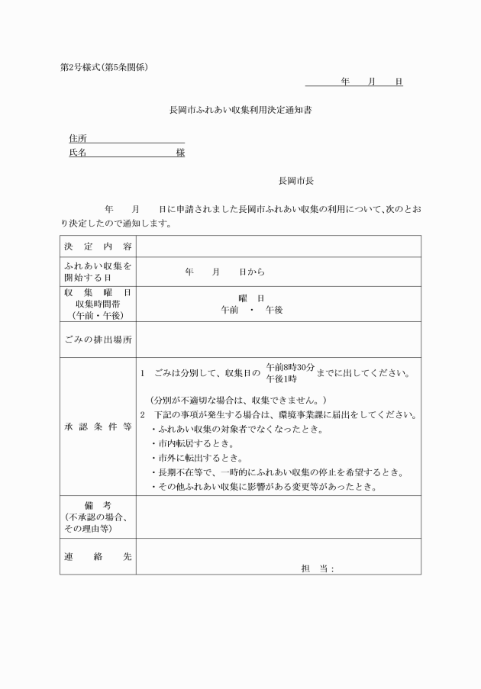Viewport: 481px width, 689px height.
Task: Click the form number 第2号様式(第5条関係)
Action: click(x=104, y=67)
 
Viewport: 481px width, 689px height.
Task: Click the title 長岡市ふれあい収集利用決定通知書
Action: click(x=240, y=110)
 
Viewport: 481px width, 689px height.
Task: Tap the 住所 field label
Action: click(x=78, y=138)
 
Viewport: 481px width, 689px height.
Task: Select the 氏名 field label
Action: click(x=78, y=153)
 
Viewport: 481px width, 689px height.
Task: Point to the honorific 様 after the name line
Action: click(x=180, y=153)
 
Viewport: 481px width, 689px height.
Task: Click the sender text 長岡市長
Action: click(x=295, y=181)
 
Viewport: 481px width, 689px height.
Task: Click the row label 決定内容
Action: click(x=98, y=246)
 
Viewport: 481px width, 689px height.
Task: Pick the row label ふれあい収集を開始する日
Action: click(x=98, y=272)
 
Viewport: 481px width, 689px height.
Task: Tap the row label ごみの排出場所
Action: click(x=98, y=340)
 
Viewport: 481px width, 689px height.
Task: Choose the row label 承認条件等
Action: click(x=98, y=427)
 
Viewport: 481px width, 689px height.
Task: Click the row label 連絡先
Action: click(x=98, y=557)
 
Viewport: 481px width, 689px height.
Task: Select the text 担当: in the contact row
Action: click(x=318, y=568)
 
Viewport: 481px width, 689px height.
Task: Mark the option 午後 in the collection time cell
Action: click(x=274, y=311)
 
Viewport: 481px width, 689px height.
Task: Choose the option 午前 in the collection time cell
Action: click(x=229, y=311)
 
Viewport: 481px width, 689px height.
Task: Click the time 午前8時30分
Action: click(x=290, y=367)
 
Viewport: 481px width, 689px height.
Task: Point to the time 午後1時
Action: click(x=281, y=378)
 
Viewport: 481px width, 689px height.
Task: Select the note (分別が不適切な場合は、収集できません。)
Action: click(x=238, y=400)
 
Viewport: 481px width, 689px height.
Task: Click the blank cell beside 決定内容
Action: click(x=278, y=246)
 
